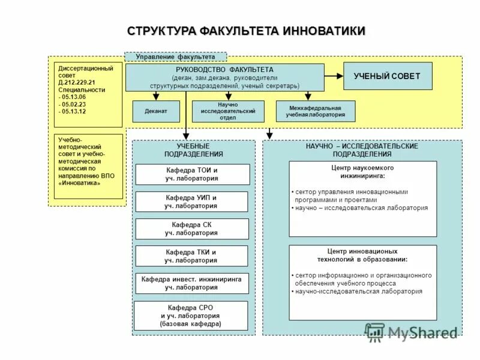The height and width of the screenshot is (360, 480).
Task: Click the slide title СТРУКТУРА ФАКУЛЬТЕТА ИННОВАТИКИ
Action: [x=246, y=31]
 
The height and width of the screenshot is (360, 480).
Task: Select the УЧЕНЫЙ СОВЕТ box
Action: [x=387, y=76]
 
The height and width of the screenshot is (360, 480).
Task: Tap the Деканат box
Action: [x=155, y=111]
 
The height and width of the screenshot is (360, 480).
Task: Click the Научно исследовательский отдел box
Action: [x=228, y=111]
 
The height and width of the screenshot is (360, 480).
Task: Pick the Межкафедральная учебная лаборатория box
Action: [x=315, y=111]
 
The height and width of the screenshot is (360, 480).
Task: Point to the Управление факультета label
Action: [x=175, y=57]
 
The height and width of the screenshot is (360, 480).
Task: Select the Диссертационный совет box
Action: [x=88, y=94]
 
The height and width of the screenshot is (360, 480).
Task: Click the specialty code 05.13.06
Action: [x=73, y=97]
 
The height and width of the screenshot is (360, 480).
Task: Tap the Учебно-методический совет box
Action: [x=88, y=166]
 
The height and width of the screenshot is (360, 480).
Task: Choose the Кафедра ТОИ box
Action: [x=192, y=174]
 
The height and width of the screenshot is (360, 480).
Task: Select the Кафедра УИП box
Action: [x=191, y=202]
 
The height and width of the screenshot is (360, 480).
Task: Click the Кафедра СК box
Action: [x=191, y=229]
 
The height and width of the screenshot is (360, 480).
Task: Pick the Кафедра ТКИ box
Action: [x=191, y=256]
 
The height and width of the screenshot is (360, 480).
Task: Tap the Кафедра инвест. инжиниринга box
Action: [x=191, y=283]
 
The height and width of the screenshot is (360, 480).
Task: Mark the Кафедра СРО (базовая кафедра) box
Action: [x=191, y=316]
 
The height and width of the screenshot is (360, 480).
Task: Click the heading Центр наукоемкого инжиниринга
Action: [x=362, y=172]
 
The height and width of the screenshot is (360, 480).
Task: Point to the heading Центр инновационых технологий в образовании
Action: [x=362, y=256]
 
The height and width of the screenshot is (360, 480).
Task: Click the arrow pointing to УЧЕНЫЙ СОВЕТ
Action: [x=334, y=76]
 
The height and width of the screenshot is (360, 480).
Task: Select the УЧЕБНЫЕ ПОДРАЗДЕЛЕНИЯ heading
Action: [x=193, y=150]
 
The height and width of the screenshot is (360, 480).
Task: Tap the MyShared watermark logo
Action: [x=412, y=332]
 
